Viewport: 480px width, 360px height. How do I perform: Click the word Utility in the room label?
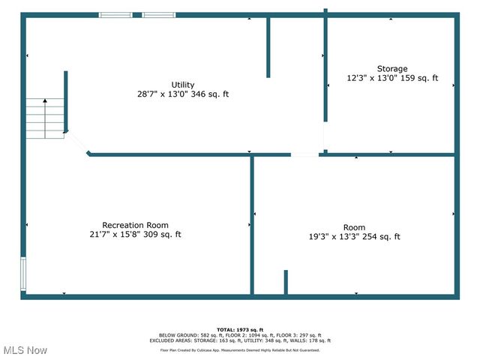point(183,84)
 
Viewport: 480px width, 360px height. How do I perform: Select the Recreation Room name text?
point(135,225)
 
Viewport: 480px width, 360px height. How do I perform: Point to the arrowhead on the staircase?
point(45,100)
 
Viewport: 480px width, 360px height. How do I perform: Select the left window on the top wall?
point(115,14)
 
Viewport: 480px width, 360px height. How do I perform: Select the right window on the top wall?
point(159,14)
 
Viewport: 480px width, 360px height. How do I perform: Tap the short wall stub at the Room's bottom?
point(286,282)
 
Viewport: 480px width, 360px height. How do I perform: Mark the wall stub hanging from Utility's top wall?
point(268,46)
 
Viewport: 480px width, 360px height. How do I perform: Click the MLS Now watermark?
point(25,350)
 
